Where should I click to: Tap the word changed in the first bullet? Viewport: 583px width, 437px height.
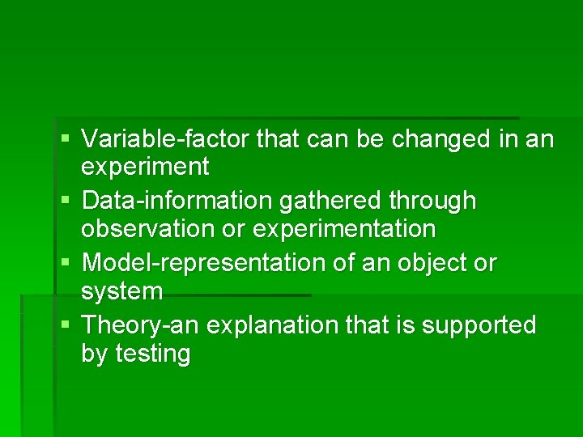point(441,139)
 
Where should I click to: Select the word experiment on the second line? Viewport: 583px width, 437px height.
point(145,168)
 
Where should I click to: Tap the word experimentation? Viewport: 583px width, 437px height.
point(344,229)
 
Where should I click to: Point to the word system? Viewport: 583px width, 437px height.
point(121,291)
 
